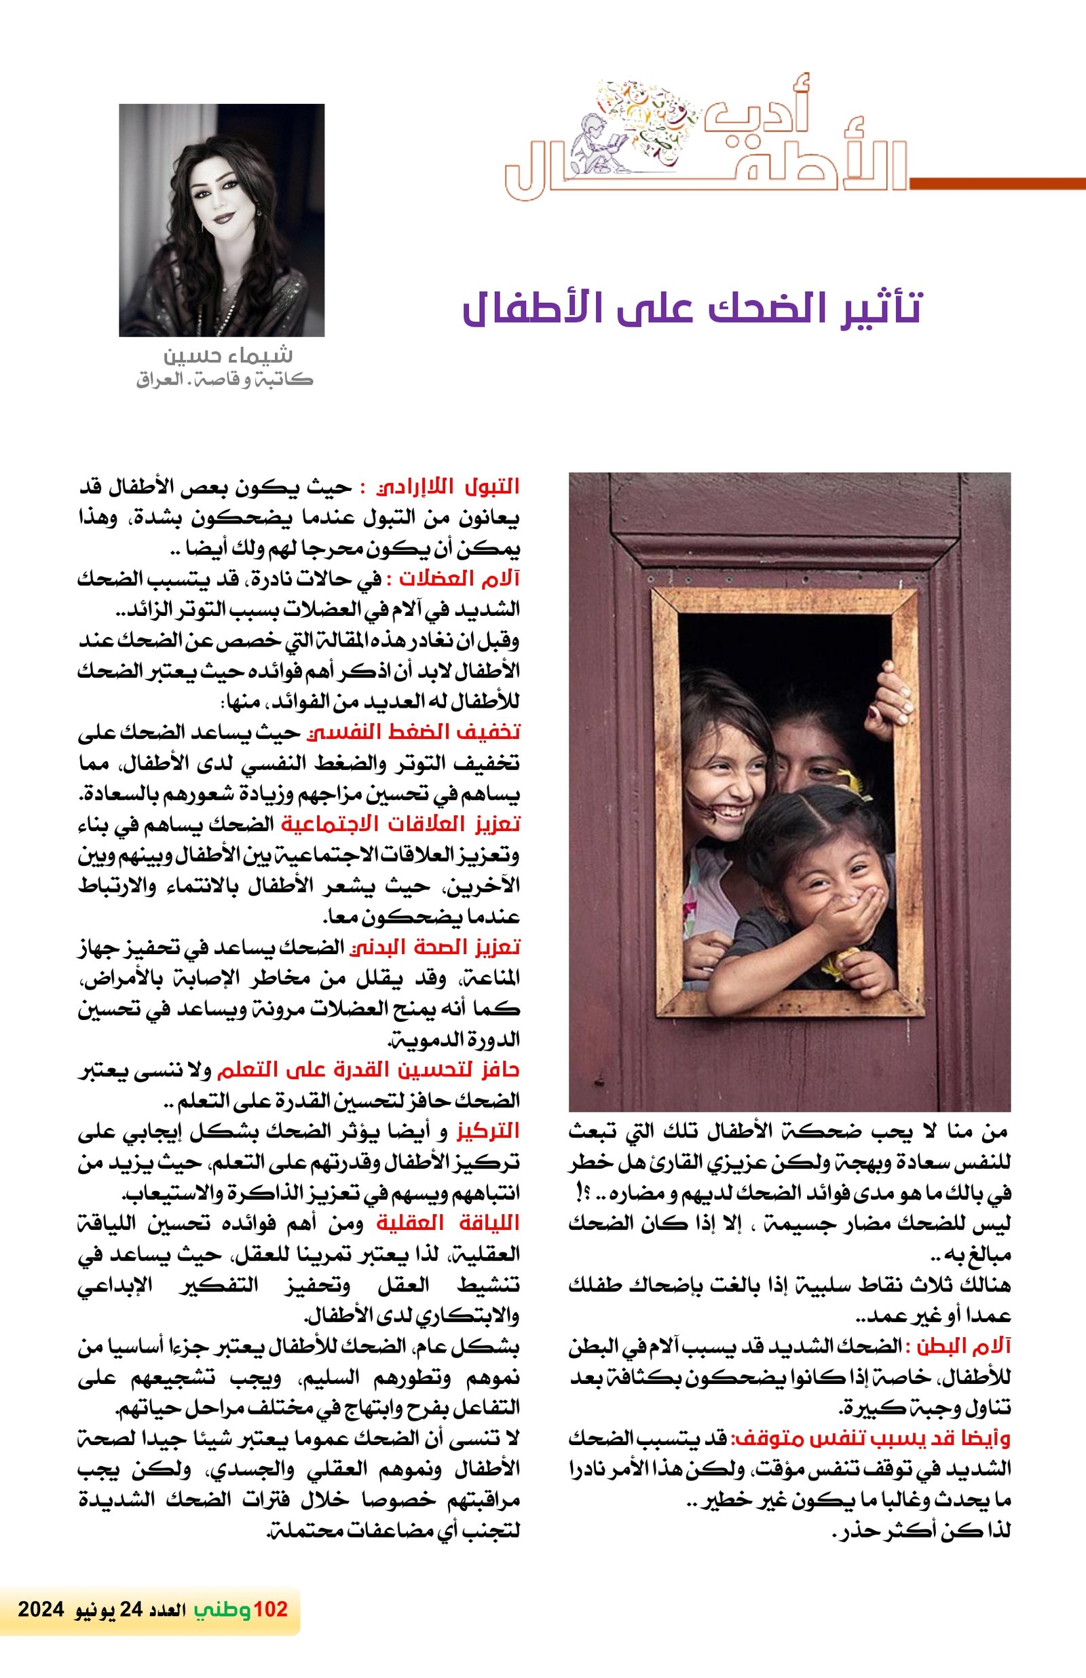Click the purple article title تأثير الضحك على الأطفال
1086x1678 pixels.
pos(692,310)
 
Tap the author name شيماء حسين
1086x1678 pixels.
pos(227,355)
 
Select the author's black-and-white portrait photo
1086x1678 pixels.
pos(221,220)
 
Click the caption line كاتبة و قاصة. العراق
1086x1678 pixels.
pos(224,380)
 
